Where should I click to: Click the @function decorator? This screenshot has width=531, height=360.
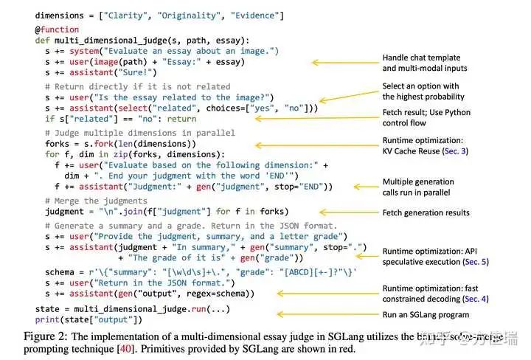click(x=57, y=30)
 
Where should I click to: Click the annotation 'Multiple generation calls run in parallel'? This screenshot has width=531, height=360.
click(x=418, y=187)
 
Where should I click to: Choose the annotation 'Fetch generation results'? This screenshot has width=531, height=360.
click(x=426, y=213)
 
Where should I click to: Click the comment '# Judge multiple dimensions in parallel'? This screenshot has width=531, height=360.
click(x=139, y=132)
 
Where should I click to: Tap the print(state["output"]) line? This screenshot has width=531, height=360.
click(x=88, y=319)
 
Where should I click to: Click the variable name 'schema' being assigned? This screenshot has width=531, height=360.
click(x=60, y=271)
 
